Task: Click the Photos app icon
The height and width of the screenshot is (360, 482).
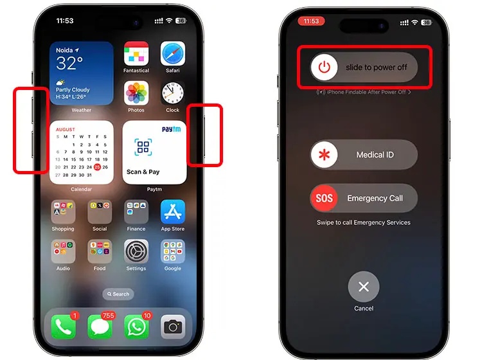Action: click(x=136, y=93)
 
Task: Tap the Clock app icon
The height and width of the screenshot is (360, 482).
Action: click(x=172, y=93)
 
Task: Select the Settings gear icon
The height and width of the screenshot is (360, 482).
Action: click(x=136, y=251)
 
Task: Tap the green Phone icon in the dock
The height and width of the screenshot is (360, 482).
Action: click(x=63, y=327)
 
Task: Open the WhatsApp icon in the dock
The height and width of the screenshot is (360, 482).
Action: click(x=136, y=327)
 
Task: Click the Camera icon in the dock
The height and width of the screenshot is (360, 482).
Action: click(x=172, y=327)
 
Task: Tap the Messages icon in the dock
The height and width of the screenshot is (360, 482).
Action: click(x=100, y=327)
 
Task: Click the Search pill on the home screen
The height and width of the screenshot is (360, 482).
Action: click(x=118, y=294)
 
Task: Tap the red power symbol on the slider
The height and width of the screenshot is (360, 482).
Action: click(x=325, y=67)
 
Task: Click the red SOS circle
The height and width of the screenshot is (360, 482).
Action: click(x=325, y=198)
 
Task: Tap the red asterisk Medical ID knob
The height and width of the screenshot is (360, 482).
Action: click(x=325, y=155)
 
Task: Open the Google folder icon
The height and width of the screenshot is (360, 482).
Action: click(x=172, y=251)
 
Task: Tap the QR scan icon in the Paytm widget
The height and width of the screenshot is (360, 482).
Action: click(x=143, y=147)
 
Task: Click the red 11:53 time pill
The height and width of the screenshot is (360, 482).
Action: click(x=311, y=21)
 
